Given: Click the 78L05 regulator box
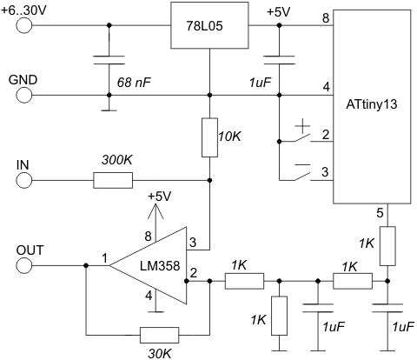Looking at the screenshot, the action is [209, 25].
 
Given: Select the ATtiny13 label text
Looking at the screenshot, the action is [372, 104].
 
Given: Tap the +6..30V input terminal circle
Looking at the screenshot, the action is [24, 25].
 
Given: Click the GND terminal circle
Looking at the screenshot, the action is [24, 95].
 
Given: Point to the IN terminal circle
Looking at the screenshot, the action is [24, 180].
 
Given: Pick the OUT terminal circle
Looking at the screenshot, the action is [24, 265].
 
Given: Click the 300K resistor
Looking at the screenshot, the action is [113, 180].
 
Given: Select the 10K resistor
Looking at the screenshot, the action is [209, 137].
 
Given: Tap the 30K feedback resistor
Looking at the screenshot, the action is [159, 336].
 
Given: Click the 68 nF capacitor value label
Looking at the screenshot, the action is [134, 83].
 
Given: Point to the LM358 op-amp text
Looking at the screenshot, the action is [160, 265].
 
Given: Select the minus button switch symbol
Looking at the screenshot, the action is [302, 172].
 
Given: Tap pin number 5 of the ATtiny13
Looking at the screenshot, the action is [380, 213].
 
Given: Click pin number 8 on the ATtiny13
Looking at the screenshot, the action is [326, 18].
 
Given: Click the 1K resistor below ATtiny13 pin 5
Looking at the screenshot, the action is [387, 246].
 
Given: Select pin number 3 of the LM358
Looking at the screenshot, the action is [193, 242].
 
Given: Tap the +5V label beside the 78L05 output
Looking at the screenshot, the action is [279, 12].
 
